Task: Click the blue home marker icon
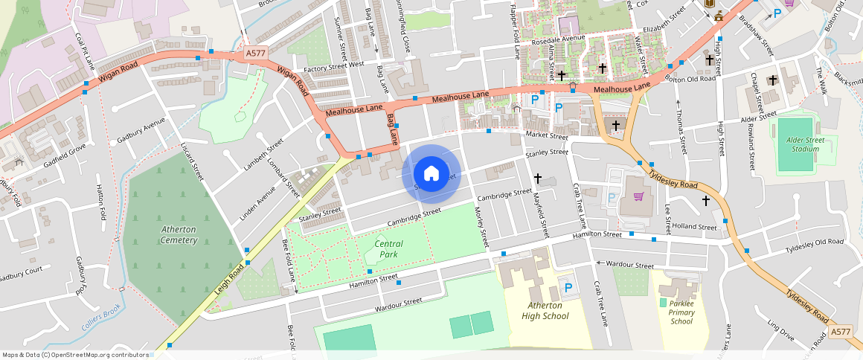(x=431, y=174)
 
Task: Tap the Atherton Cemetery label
(x=179, y=235)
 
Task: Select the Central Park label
(x=388, y=249)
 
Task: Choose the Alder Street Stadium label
(x=801, y=144)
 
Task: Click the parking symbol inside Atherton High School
(x=568, y=287)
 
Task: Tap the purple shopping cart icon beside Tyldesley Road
(x=638, y=196)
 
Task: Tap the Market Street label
(x=546, y=136)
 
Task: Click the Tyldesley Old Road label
(x=815, y=244)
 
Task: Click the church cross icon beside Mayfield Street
(x=537, y=179)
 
